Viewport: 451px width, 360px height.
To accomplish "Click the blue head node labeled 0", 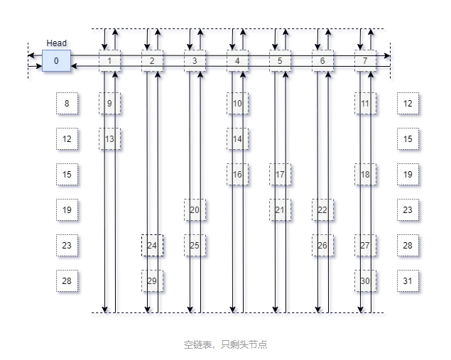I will (56, 60).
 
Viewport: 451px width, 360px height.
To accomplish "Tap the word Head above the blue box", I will (57, 43).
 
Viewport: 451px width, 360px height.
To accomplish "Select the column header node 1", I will (109, 61).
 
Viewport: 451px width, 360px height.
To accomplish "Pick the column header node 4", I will (237, 61).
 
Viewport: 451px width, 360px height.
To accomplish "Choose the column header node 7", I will (365, 61).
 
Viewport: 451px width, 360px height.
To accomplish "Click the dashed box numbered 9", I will (109, 104).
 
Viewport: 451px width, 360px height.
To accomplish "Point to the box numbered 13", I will (109, 139).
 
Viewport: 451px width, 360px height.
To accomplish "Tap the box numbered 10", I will (237, 104).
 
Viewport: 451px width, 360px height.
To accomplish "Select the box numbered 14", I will (237, 139).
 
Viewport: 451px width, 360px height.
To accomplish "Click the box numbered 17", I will (280, 175).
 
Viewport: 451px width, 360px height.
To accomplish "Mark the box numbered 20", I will (195, 210).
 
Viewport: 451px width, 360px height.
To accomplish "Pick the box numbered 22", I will (322, 210).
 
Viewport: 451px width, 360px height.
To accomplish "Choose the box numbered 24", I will (152, 246).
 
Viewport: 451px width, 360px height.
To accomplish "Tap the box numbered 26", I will (322, 246).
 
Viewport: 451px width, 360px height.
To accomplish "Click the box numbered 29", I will (152, 281).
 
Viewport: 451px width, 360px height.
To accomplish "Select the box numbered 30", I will (365, 281).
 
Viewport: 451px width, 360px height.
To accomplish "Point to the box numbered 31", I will (408, 281).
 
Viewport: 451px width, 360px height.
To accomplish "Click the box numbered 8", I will (67, 104).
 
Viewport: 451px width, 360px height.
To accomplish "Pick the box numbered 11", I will (365, 104).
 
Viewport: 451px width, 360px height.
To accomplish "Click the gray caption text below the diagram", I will (225, 345).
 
